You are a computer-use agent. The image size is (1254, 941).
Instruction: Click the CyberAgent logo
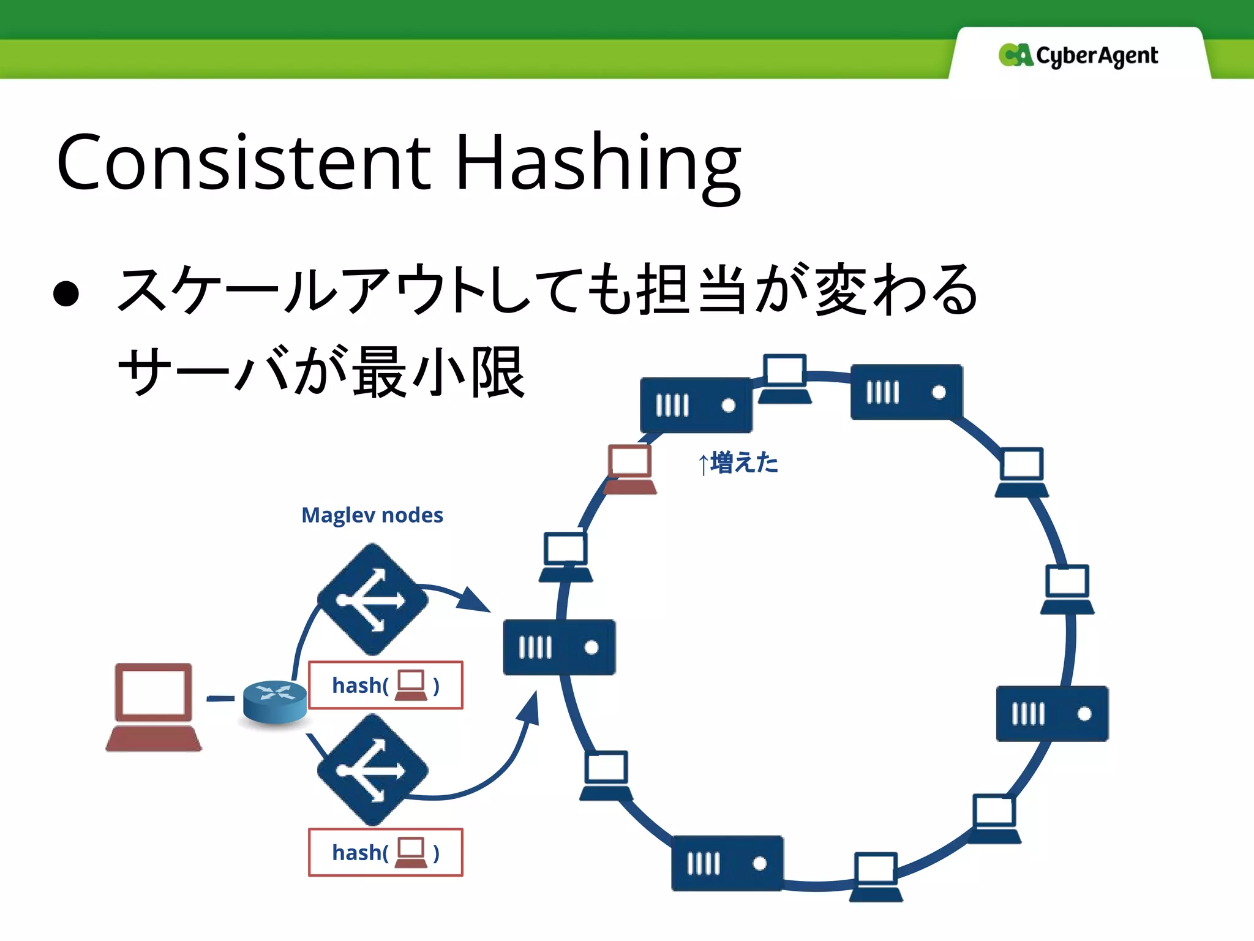[x=1078, y=56]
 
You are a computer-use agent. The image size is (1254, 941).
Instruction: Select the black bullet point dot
[x=66, y=293]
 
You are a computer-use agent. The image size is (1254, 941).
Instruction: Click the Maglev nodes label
[x=372, y=515]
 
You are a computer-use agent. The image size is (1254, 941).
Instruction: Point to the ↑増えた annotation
[x=738, y=463]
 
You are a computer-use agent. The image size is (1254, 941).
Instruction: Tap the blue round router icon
[x=275, y=701]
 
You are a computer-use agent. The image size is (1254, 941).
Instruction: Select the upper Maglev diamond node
[x=372, y=599]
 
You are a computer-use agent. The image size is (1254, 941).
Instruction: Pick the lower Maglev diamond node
[x=372, y=770]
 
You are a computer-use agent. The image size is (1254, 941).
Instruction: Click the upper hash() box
[x=385, y=685]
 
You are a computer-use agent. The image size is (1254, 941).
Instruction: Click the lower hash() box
[x=385, y=852]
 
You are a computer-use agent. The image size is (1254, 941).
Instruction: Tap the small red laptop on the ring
[x=629, y=469]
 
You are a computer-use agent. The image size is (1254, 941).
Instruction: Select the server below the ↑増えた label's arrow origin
[x=696, y=405]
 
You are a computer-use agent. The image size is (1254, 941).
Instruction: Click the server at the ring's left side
[x=559, y=647]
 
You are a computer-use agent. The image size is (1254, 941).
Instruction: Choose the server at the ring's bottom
[x=727, y=863]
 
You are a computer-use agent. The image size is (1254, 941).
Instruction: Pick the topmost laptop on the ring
[x=784, y=379]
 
